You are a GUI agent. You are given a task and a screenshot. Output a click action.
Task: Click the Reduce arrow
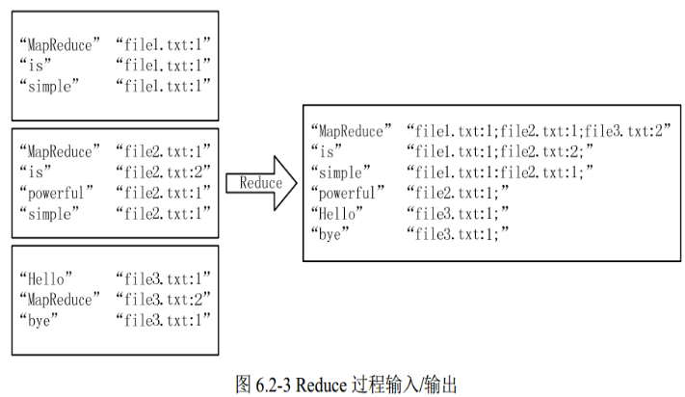pyautogui.click(x=260, y=183)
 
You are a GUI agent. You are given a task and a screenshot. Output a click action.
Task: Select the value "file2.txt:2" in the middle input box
pyautogui.click(x=163, y=172)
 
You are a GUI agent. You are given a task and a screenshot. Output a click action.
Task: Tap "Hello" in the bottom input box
pyautogui.click(x=46, y=278)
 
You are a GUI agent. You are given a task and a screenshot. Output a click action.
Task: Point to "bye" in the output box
pyautogui.click(x=329, y=233)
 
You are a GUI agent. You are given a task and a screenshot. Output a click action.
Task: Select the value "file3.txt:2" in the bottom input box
pyautogui.click(x=163, y=299)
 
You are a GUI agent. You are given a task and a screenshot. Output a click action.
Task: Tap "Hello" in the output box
pyautogui.click(x=336, y=213)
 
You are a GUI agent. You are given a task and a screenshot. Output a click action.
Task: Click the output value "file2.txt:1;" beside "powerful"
pyautogui.click(x=457, y=193)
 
